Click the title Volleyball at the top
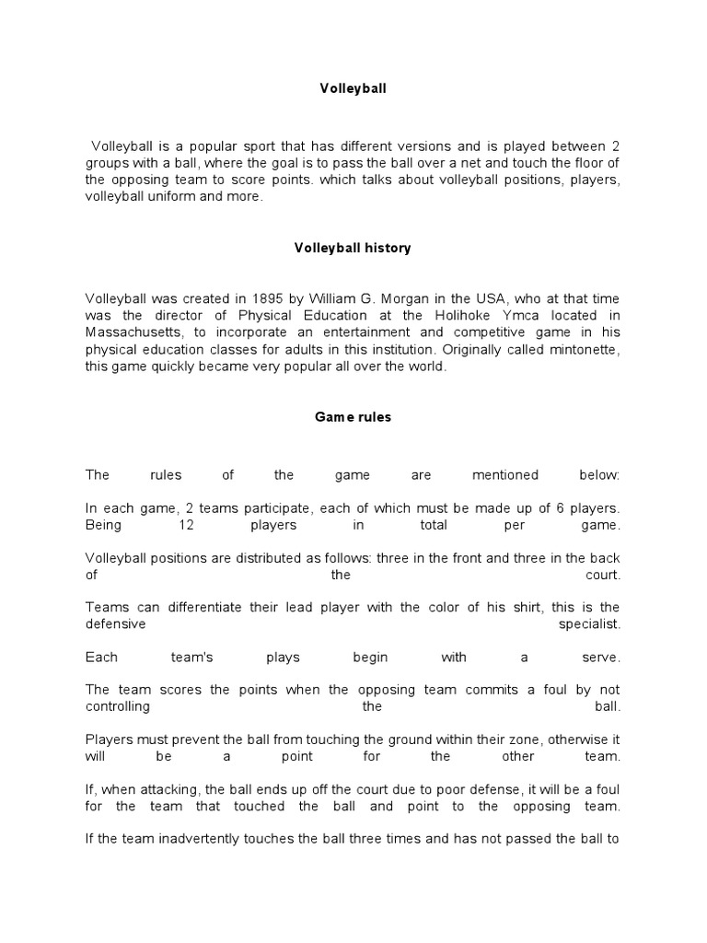353,89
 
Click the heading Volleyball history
353,249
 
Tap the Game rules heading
353,417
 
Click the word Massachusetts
133,332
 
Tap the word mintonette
579,349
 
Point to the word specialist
590,623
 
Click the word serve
602,658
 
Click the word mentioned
504,475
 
